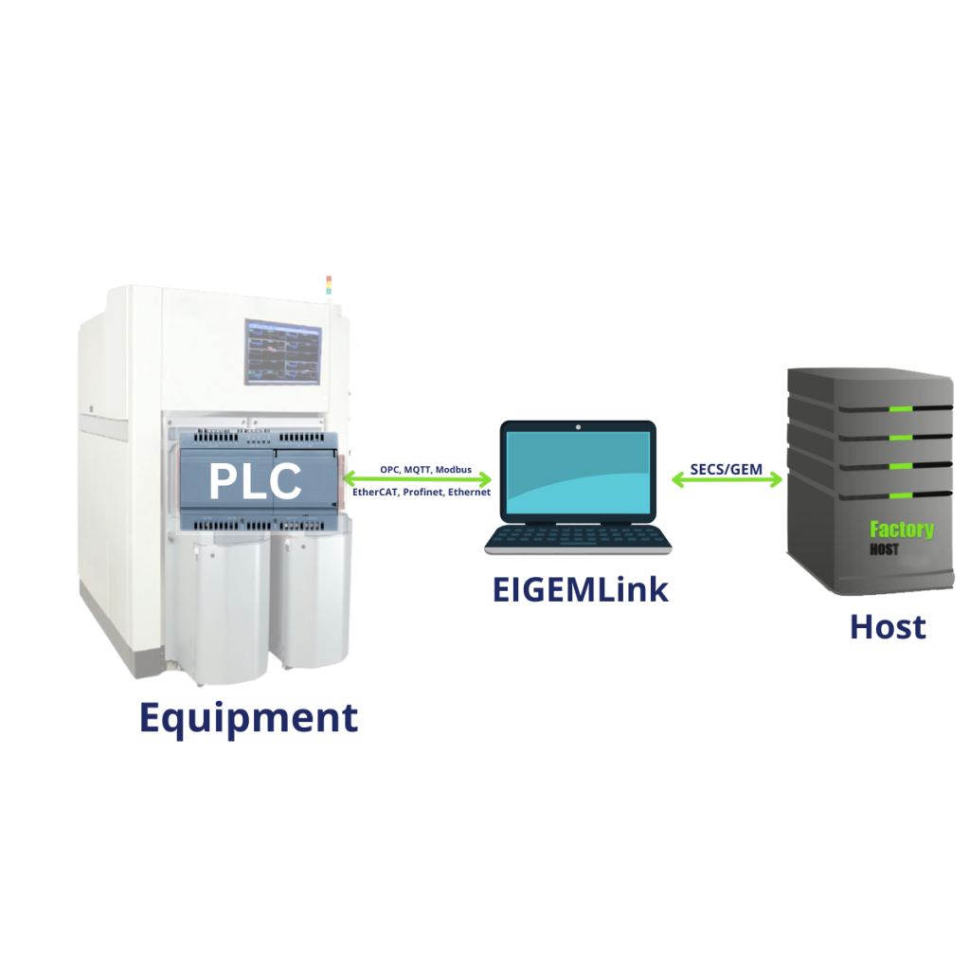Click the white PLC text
click(255, 480)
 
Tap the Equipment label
click(248, 717)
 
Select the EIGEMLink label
click(580, 589)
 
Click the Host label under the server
click(888, 626)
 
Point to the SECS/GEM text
click(726, 469)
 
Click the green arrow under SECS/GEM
click(727, 480)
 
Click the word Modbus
click(453, 469)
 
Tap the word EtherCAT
click(376, 493)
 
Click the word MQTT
click(417, 469)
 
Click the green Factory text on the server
click(901, 530)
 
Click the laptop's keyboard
click(578, 537)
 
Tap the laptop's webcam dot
click(579, 427)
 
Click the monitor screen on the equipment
click(282, 352)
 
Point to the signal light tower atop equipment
click(329, 284)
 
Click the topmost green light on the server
click(901, 409)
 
